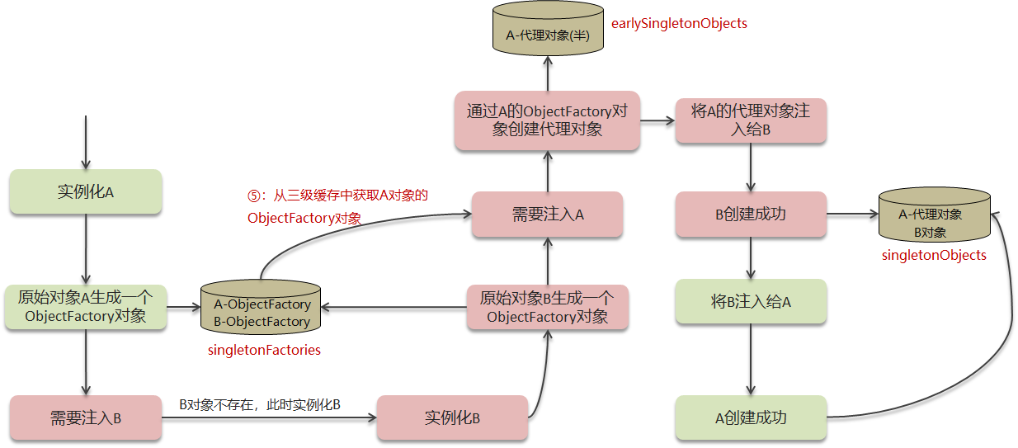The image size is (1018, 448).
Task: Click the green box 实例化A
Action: point(86,191)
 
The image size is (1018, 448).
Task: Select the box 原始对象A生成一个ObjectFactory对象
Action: point(86,307)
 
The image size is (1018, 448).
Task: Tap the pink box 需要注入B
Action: point(86,417)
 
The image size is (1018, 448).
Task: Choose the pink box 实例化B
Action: point(452,417)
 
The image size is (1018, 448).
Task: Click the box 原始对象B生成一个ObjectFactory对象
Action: point(548,308)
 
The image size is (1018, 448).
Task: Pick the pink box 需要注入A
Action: point(548,215)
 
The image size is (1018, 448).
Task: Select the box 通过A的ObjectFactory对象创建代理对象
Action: point(548,120)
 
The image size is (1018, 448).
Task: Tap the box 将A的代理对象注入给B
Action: point(750,120)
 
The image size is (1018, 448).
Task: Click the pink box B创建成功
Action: point(750,215)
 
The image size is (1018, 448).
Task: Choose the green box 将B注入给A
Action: point(750,301)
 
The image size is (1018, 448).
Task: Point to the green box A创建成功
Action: point(750,417)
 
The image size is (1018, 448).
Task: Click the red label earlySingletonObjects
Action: point(679,23)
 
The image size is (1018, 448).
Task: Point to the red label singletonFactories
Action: point(264,350)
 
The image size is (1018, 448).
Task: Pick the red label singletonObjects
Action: point(934,255)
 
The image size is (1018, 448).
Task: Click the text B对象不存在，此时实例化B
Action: point(260,404)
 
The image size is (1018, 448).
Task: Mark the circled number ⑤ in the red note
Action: point(253,196)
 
